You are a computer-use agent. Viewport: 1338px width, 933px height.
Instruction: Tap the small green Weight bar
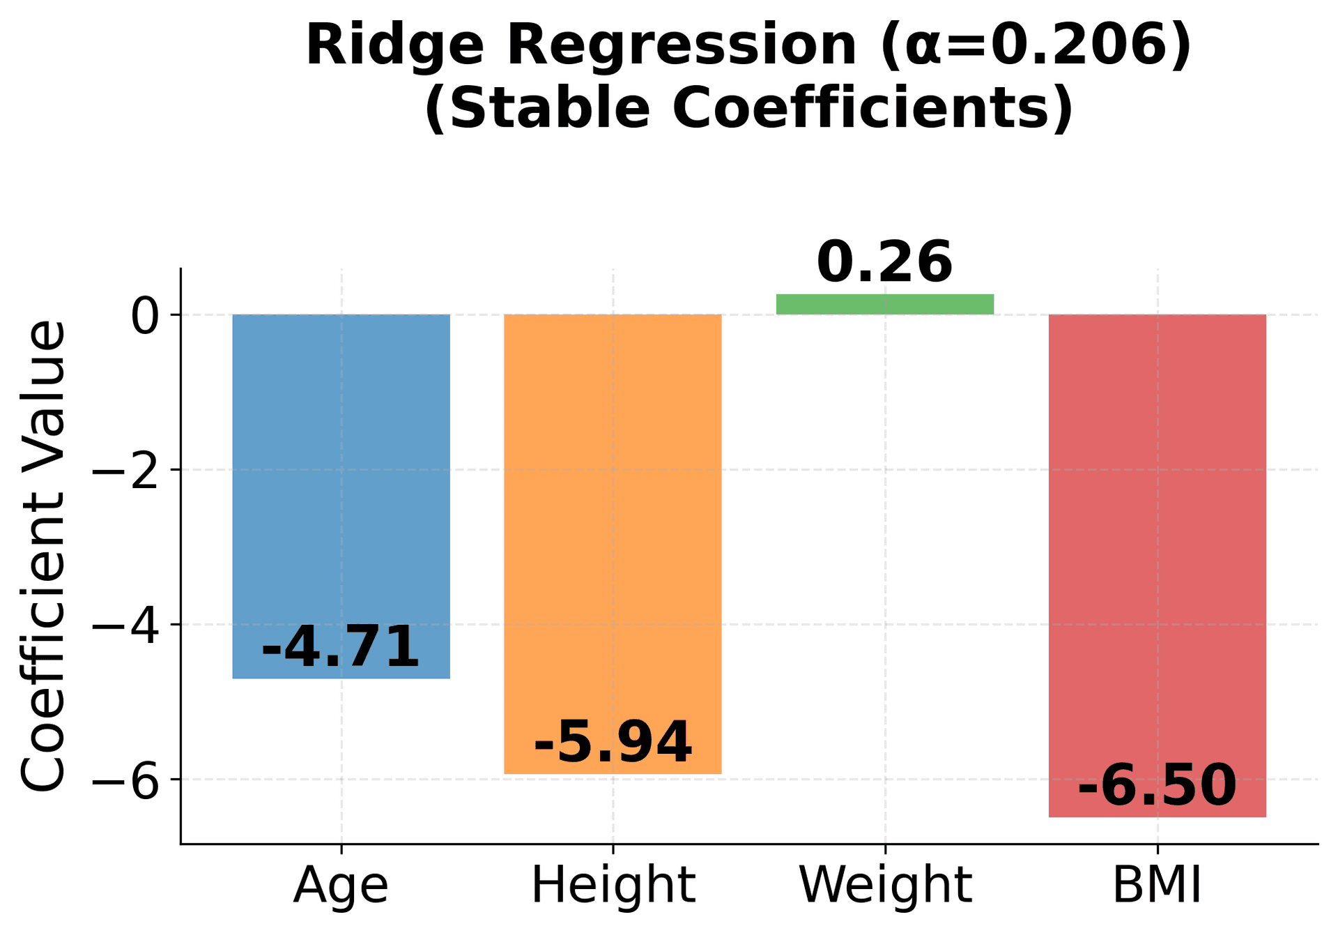click(885, 304)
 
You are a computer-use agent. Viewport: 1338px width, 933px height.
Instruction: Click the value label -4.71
click(341, 647)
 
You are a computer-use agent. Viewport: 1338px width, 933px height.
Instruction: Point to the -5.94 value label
click(613, 743)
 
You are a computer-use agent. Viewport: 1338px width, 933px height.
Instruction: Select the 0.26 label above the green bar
click(885, 262)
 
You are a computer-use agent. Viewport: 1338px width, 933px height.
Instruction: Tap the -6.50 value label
click(1157, 786)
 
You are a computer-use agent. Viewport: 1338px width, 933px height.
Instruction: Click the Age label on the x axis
click(341, 886)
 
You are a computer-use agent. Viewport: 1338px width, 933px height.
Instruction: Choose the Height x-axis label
click(613, 886)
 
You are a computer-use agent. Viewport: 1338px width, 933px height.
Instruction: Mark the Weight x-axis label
click(885, 886)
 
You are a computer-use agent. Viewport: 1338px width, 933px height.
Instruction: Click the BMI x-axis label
click(1157, 886)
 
